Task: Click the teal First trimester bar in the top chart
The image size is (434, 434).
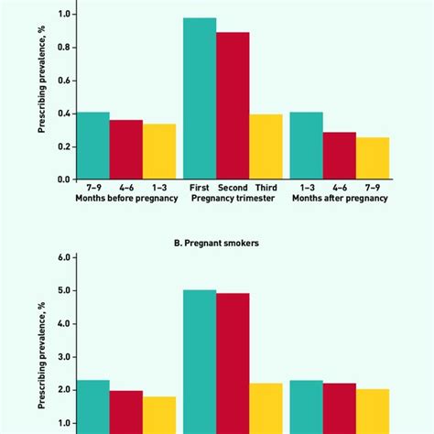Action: [200, 98]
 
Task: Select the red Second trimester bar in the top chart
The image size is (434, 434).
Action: [233, 105]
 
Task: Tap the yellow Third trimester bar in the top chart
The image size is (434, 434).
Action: [265, 146]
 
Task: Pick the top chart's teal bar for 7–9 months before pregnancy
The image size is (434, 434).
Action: [93, 146]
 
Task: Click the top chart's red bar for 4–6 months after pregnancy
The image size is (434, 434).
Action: [340, 156]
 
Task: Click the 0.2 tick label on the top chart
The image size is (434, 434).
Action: [63, 146]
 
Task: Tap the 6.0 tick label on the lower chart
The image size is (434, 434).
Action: [63, 258]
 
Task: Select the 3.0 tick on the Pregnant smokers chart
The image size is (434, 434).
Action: [63, 357]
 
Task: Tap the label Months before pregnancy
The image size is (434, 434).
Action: [125, 199]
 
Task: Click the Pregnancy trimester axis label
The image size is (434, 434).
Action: [233, 199]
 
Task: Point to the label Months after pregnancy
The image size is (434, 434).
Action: [340, 199]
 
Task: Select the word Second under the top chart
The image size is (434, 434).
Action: [233, 187]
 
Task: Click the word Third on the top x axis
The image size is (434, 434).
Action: [266, 187]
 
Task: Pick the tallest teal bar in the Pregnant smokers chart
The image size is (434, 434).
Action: [200, 362]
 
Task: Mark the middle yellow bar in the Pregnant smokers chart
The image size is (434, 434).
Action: [265, 408]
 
